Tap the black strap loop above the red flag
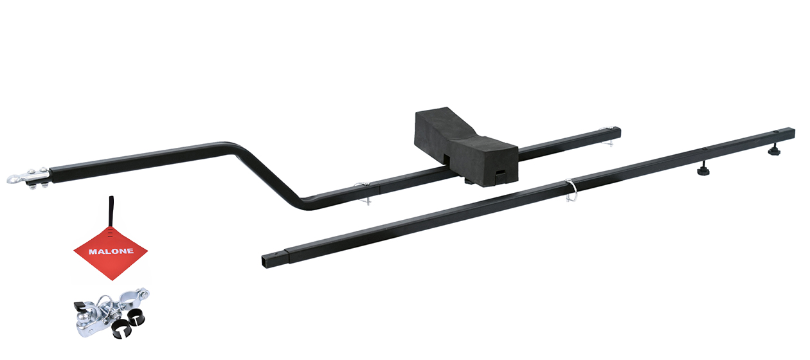pos(111,209)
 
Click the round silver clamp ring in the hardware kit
pos(132,298)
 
